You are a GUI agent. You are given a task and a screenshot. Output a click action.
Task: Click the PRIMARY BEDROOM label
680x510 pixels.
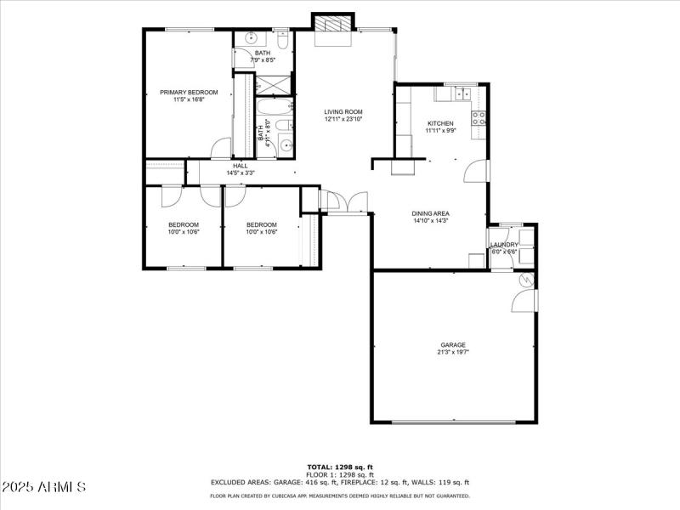189,92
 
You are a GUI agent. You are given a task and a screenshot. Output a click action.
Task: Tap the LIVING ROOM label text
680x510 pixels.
343,112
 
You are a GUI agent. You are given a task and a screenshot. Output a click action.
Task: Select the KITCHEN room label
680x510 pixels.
440,123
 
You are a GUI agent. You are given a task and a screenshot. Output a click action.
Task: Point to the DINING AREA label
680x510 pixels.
430,213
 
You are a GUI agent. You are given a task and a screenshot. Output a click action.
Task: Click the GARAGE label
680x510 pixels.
452,345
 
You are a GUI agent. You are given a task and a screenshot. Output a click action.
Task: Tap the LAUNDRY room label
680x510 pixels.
503,245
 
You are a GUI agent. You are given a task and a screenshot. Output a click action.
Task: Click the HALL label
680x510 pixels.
241,166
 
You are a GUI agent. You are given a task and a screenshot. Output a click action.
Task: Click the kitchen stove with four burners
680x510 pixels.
479,118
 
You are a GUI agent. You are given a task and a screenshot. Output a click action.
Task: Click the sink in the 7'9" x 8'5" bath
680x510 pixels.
252,39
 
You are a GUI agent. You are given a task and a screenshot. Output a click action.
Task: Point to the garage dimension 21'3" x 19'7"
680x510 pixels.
452,352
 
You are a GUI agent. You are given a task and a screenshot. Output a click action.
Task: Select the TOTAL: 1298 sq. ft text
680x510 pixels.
340,467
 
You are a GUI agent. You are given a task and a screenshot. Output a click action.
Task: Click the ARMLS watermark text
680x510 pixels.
44,487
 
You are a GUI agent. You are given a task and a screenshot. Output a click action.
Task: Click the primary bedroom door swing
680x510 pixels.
221,148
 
